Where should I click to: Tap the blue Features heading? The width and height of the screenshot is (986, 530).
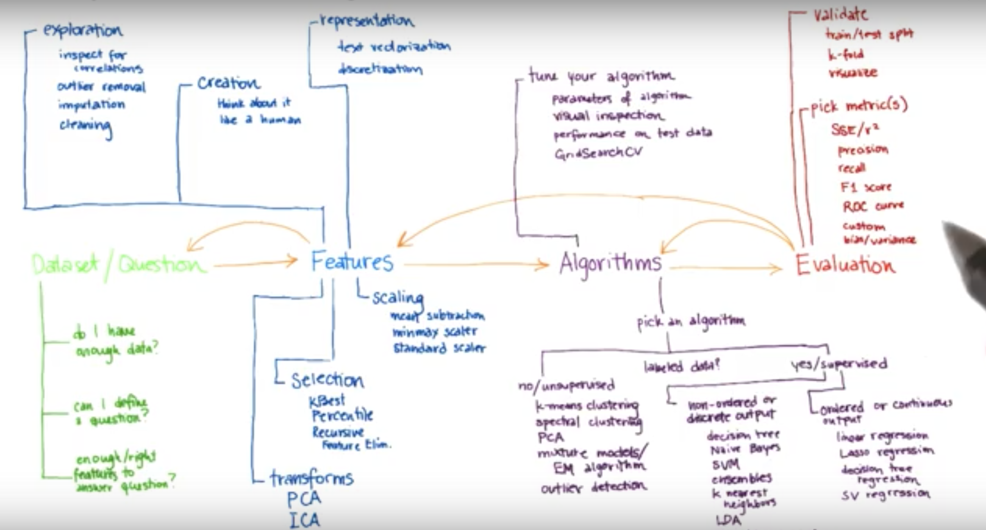point(352,261)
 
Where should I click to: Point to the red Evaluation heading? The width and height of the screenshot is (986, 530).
point(845,265)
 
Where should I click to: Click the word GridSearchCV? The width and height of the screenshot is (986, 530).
point(598,153)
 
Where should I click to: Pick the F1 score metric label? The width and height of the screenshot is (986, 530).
point(866,187)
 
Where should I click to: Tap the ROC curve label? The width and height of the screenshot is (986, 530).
point(873,206)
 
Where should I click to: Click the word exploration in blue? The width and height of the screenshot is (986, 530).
point(83,30)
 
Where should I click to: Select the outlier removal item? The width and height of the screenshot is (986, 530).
point(101,87)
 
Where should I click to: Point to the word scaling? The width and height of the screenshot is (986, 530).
point(398,298)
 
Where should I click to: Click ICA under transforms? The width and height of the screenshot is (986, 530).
point(304,520)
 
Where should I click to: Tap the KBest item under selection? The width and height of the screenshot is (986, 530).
point(327,400)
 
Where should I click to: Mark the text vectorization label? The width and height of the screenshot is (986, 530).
point(394,47)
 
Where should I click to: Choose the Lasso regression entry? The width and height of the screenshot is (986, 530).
point(886,452)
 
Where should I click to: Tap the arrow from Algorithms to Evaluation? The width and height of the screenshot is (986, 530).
point(726,268)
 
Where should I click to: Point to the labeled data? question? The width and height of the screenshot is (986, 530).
point(682,366)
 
